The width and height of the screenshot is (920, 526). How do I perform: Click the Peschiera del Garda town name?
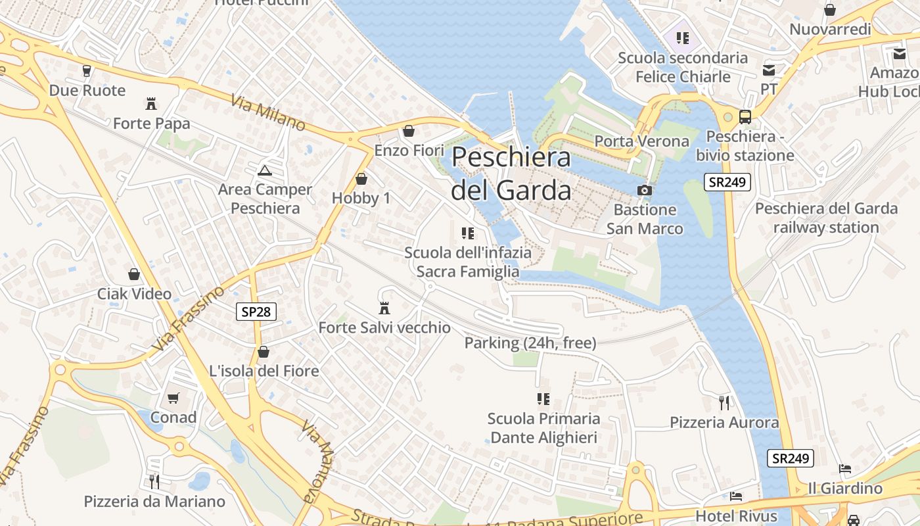tap(511, 174)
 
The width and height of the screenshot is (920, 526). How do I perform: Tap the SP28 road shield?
tap(256, 312)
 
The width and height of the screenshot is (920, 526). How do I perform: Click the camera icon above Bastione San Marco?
tap(645, 190)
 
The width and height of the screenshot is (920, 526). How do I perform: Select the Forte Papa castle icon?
tap(151, 103)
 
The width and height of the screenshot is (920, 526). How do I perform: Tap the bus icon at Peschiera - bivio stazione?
tap(745, 117)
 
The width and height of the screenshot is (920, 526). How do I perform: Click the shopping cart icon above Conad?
tap(173, 398)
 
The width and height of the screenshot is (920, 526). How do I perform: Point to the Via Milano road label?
tap(268, 112)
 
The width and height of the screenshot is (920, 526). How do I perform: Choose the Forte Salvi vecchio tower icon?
tap(384, 308)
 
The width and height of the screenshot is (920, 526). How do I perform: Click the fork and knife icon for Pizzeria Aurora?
tap(724, 402)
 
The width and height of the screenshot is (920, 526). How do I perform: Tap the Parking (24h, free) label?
tap(530, 343)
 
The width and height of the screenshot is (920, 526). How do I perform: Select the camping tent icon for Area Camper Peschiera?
tap(265, 171)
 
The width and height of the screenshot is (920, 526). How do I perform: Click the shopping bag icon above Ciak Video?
tap(134, 274)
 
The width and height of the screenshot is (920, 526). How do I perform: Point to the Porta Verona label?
tap(641, 141)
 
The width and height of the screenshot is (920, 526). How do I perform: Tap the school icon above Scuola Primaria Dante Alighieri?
tap(543, 398)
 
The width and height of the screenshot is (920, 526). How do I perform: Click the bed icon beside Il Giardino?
tap(845, 469)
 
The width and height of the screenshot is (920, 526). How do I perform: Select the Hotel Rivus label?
tap(736, 516)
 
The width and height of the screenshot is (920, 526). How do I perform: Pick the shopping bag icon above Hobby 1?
tap(361, 179)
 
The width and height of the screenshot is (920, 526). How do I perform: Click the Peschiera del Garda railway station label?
tap(826, 218)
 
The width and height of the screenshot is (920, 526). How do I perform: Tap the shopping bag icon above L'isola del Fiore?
tap(264, 352)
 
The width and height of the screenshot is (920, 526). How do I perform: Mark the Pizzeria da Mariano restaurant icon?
tap(154, 482)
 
